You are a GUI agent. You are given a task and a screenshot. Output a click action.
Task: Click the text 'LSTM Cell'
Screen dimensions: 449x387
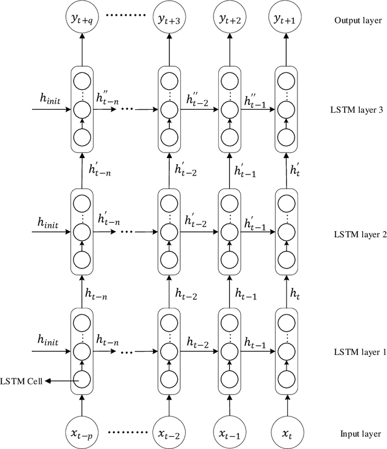21,380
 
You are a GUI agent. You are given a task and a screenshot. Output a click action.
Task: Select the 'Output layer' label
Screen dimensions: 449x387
358,20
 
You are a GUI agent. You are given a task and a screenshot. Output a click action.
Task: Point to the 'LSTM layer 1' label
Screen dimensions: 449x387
359,352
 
